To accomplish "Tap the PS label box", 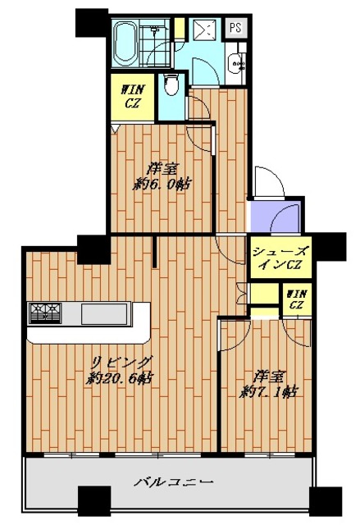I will point(235,28).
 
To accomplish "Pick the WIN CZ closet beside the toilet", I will point(130,97).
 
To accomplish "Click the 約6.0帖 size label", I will point(163,185).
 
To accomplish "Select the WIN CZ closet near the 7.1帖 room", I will point(296,299).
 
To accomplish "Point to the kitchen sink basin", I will point(98,313).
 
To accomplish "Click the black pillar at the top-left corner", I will point(91,22).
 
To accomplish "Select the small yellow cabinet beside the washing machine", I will point(178,27).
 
